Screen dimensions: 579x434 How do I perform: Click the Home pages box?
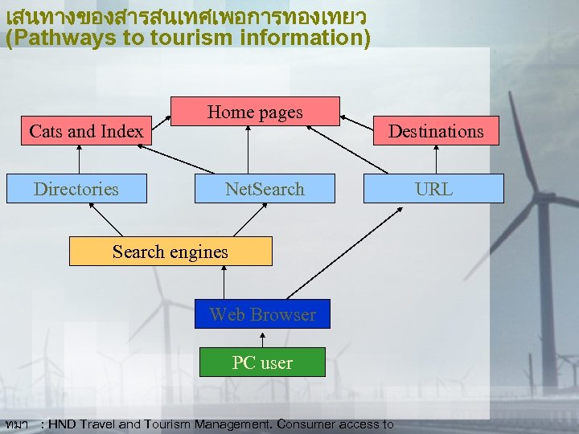point(255,113)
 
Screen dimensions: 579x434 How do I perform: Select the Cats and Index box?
point(86,131)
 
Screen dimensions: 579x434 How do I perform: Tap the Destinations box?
point(436,131)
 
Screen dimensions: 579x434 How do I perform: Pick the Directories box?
point(76,189)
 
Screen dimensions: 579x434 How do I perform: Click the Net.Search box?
point(265,189)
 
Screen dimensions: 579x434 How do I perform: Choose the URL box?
point(433,189)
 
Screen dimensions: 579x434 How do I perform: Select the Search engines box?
point(170,252)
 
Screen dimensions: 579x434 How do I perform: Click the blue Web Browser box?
point(262,314)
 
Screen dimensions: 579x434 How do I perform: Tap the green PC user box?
point(262,362)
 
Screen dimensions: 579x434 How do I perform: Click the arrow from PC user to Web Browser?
point(262,338)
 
